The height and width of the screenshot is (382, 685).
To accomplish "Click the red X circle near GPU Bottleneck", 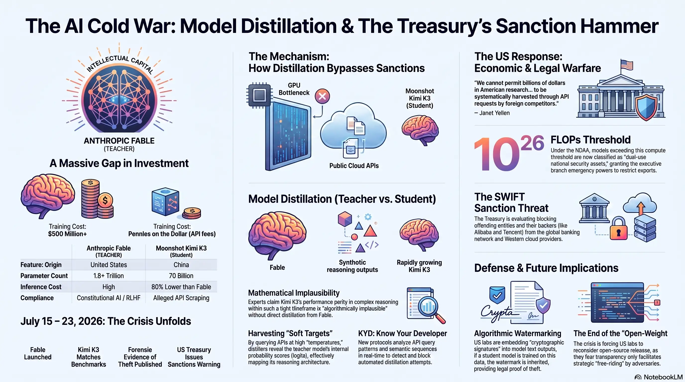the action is pos(322,96).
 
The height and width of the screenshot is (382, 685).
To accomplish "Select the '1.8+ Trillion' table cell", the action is pos(109,276).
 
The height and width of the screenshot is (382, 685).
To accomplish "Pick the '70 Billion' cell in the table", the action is pos(181,276).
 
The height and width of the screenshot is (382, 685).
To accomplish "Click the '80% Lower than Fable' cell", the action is pos(181,287).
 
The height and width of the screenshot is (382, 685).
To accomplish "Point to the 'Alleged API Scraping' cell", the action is pos(181,298).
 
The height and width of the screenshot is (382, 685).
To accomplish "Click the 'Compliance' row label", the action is pos(37,298).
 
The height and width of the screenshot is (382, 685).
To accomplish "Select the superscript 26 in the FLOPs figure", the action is pos(532,143).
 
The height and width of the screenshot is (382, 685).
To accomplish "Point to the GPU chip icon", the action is pos(259,95).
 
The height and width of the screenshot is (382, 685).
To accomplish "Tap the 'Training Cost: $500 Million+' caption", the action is pos(67,230).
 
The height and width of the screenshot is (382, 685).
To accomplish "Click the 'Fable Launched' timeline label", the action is pos(38,353).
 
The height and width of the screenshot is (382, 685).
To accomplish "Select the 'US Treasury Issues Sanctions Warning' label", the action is pos(194,357).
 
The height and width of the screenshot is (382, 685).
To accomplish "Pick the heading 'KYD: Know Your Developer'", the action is pos(402,334).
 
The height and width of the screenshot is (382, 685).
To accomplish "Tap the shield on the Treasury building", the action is pos(646,108).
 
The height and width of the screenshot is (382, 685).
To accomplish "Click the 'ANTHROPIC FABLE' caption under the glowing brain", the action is pos(119,141).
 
